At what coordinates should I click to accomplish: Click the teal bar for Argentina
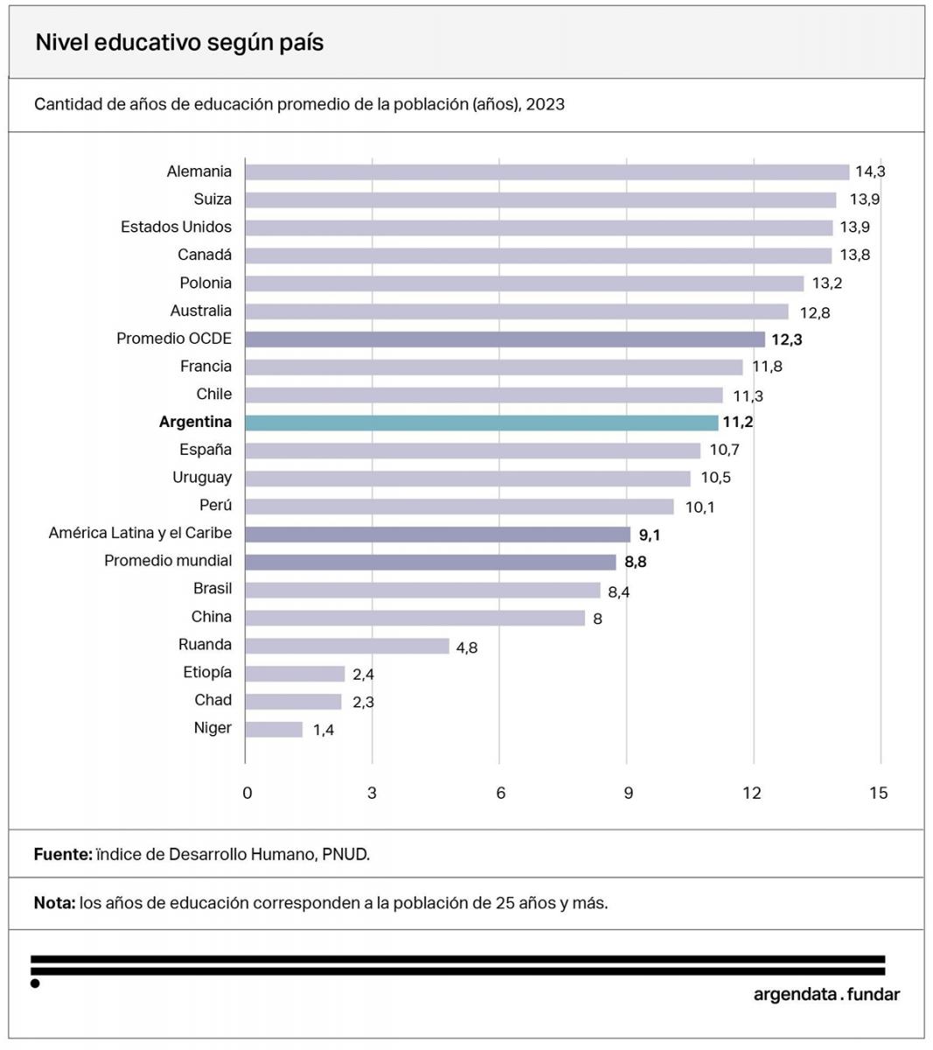pyautogui.click(x=481, y=423)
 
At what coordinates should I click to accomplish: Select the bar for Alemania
pyautogui.click(x=547, y=172)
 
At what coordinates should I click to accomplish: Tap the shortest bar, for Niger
pyautogui.click(x=274, y=730)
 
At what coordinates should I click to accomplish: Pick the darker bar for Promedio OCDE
pyautogui.click(x=505, y=339)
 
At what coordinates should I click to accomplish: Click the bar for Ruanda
pyautogui.click(x=347, y=647)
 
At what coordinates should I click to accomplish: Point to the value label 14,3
pyautogui.click(x=870, y=172)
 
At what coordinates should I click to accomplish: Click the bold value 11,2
pyautogui.click(x=738, y=423)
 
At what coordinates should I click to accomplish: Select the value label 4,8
pyautogui.click(x=466, y=648)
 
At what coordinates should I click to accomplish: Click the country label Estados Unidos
pyautogui.click(x=176, y=227)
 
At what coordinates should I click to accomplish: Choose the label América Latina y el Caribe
pyautogui.click(x=140, y=534)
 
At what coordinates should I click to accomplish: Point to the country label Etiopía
pyautogui.click(x=207, y=673)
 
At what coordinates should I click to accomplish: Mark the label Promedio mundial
pyautogui.click(x=168, y=561)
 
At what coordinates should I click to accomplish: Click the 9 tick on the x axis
pyautogui.click(x=628, y=794)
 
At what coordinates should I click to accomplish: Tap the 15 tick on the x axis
pyautogui.click(x=879, y=794)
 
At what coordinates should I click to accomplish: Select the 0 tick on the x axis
pyautogui.click(x=247, y=794)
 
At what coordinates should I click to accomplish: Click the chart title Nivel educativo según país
pyautogui.click(x=179, y=43)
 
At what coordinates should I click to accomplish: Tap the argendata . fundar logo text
pyautogui.click(x=826, y=995)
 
